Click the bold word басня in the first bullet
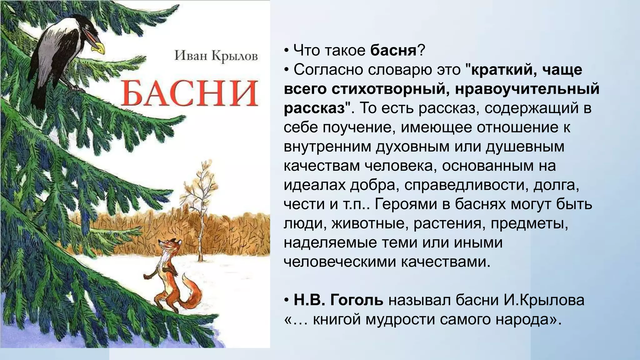click(x=393, y=50)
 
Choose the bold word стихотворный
click(x=387, y=89)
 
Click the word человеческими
click(x=339, y=262)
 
